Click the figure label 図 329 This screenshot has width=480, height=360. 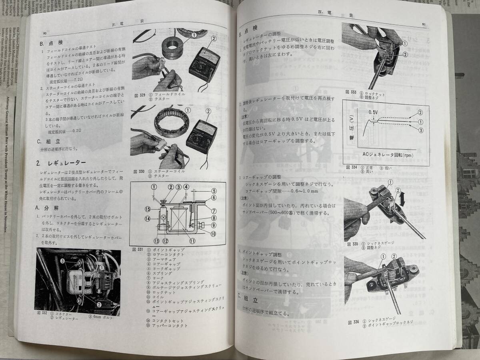click(x=140, y=95)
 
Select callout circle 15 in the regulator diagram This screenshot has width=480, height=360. click(x=148, y=208)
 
